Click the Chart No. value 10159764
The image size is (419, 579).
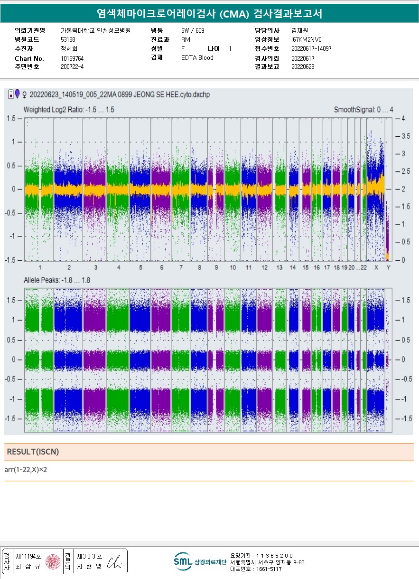coord(72,58)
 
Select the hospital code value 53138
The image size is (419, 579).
coord(68,39)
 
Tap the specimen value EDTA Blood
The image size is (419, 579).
coord(197,57)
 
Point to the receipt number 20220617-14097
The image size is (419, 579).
coord(311,48)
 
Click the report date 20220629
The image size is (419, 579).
coord(303,67)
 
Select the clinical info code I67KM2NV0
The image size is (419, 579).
coord(306,39)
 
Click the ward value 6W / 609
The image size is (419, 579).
coord(193,30)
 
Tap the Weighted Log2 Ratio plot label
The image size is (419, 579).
coord(69,110)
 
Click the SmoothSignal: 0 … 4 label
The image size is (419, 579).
coord(363,110)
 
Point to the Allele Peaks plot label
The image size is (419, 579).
coord(57,280)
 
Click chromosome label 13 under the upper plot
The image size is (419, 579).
coord(279,268)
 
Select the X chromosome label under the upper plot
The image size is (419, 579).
coord(376,268)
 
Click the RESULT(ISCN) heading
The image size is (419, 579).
coord(33,452)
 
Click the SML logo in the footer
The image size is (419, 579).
coord(183,561)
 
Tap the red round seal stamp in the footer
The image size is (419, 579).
coord(53,562)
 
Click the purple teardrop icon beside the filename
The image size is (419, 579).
coord(18,94)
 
